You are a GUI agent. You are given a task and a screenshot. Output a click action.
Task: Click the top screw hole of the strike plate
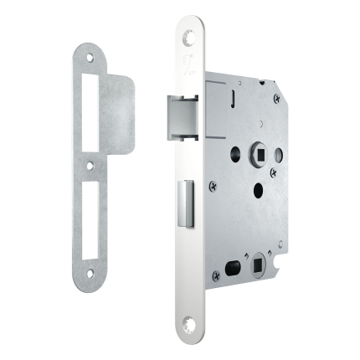point(90,59)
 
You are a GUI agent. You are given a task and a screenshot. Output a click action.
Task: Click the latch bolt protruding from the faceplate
point(179,116)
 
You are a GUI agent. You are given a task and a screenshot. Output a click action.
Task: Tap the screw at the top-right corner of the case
point(276,99)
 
